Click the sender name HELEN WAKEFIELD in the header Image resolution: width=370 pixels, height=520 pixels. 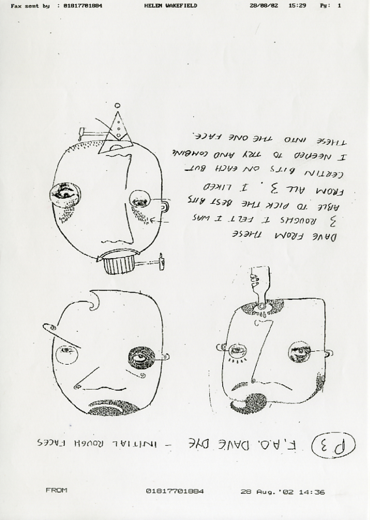click(x=170, y=6)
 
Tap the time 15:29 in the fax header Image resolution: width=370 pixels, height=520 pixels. click(x=297, y=6)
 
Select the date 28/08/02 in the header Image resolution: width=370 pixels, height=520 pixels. click(x=264, y=6)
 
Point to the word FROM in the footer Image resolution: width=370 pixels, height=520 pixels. click(x=56, y=490)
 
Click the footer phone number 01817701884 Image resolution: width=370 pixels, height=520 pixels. click(x=175, y=491)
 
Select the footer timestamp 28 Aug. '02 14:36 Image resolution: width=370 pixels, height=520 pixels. click(x=282, y=492)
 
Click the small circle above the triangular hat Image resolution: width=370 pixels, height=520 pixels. click(x=118, y=106)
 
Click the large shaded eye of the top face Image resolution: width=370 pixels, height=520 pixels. click(x=65, y=194)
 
